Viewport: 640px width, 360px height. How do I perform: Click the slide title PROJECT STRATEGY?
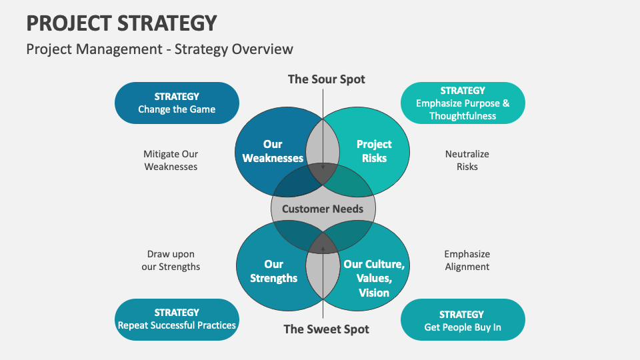tap(122, 23)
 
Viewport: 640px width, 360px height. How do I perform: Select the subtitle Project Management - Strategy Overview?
tap(159, 49)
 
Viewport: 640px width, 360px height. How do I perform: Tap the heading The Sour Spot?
tap(326, 79)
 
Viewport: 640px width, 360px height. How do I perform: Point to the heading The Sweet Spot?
tap(326, 329)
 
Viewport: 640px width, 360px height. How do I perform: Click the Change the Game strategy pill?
tap(177, 103)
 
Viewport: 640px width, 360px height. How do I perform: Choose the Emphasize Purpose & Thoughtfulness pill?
tap(463, 103)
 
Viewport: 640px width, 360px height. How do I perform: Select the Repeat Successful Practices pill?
tap(177, 319)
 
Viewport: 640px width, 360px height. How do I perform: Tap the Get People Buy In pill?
tap(463, 321)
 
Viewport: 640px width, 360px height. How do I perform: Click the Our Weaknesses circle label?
tap(273, 151)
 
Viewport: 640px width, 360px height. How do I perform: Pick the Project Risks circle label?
tap(374, 151)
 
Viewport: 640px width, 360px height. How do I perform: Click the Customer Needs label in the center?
tap(323, 209)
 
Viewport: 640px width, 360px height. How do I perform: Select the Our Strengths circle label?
tap(273, 271)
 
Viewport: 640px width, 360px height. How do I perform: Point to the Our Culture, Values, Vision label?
tap(374, 278)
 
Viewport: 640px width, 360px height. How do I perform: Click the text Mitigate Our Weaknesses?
tap(171, 161)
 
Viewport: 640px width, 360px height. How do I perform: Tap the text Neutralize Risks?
tap(467, 161)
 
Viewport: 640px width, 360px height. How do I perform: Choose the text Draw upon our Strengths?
tap(171, 261)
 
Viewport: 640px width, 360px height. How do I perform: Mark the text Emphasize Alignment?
tap(467, 261)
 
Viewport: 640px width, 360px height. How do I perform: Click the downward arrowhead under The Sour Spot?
tap(323, 168)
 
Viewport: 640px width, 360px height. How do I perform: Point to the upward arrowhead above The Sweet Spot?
tap(323, 249)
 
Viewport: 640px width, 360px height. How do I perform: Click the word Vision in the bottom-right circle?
tap(374, 293)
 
